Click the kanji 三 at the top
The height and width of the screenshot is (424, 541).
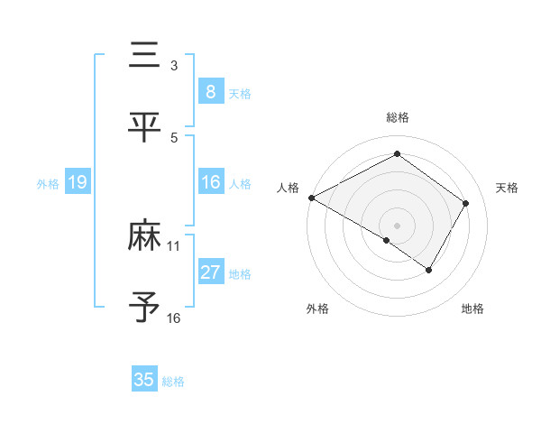pos(144,56)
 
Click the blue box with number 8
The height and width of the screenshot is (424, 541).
pos(211,92)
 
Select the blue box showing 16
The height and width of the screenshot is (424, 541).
pos(211,182)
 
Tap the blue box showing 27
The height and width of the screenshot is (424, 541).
pos(211,272)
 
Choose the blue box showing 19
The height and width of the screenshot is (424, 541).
pos(78,183)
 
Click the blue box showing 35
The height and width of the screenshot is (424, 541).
pos(144,380)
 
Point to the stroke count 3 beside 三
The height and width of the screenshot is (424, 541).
pos(173,66)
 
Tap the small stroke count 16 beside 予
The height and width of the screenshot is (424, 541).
pos(174,318)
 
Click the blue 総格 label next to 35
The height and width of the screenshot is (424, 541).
pos(173,382)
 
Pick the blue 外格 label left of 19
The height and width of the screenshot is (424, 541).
pos(48,184)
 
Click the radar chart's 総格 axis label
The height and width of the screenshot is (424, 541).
pos(397,117)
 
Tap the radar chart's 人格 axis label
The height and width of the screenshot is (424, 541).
pos(288,188)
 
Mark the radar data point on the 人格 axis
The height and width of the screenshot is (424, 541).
pos(311,198)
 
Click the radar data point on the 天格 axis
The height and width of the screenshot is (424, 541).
pos(465,203)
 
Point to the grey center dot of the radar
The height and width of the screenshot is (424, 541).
pos(397,225)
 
